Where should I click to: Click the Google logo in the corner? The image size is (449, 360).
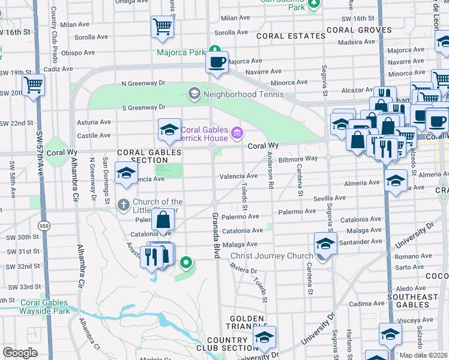point(20,353)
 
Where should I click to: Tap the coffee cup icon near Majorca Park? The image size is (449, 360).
point(217,62)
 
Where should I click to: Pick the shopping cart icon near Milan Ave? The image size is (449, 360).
point(162,27)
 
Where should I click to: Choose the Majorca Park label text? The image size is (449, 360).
point(181,52)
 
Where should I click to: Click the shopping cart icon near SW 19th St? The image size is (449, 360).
point(33,85)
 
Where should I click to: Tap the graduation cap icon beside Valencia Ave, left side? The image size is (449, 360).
point(126,173)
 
